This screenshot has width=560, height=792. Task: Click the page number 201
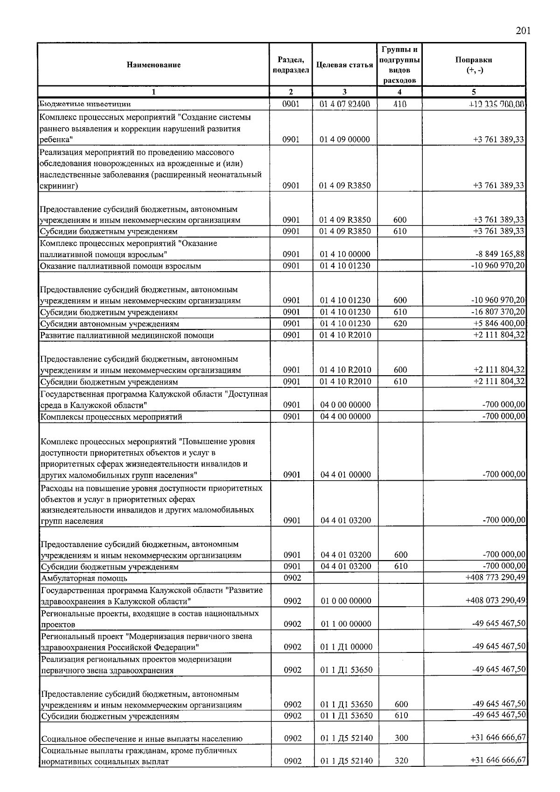click(523, 31)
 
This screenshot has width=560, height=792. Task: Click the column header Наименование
click(154, 65)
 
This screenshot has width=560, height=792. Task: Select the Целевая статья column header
click(344, 65)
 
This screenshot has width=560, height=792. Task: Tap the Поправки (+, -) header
click(474, 65)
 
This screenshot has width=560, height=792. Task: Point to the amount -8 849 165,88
click(498, 254)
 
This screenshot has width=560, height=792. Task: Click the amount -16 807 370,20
click(496, 312)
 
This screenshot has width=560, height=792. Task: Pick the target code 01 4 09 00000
click(344, 140)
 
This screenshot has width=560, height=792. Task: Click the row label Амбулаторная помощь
click(84, 579)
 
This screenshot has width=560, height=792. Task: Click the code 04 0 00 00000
click(345, 405)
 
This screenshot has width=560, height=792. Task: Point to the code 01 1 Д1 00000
click(346, 647)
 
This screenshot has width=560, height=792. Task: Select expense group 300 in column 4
click(401, 738)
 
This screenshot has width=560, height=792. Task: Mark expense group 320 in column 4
click(401, 761)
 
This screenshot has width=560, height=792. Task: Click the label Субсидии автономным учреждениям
click(110, 324)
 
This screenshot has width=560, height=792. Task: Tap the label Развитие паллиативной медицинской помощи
click(127, 336)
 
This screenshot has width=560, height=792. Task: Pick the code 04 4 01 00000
click(346, 475)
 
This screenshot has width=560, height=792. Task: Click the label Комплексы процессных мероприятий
click(111, 417)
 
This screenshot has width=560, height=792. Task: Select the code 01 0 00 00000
click(346, 601)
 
